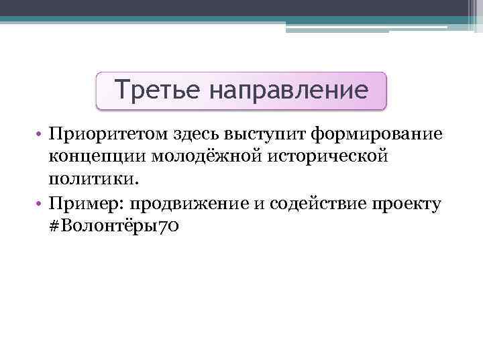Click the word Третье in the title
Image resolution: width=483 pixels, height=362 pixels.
tap(154, 89)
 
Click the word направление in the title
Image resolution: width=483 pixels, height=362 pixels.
tap(288, 90)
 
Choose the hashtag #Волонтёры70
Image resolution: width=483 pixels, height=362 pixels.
tap(113, 227)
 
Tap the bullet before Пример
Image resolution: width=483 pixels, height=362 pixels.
tap(40, 204)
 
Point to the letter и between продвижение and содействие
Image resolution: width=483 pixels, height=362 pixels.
tap(258, 204)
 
